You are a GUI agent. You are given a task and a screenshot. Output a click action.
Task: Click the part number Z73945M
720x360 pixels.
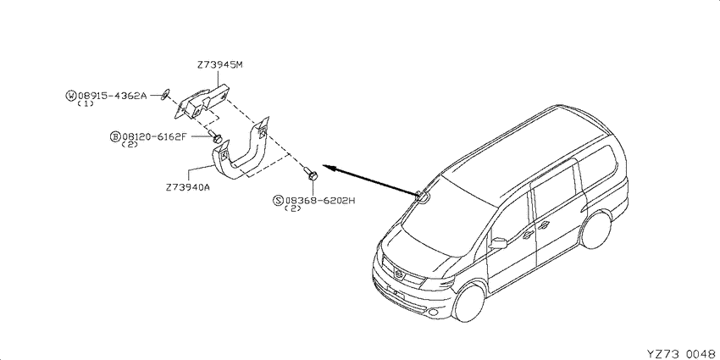click(x=220, y=64)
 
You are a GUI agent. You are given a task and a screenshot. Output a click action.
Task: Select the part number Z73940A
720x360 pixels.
click(x=189, y=187)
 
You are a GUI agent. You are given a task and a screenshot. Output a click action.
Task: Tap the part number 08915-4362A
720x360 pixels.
click(x=112, y=96)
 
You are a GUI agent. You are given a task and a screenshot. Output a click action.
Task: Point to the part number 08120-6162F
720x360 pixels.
click(x=154, y=136)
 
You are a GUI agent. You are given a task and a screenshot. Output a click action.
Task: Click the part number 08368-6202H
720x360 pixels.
click(x=320, y=200)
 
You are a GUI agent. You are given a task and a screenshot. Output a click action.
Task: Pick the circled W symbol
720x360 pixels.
click(x=71, y=96)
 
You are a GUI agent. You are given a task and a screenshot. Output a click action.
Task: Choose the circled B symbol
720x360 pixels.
click(x=115, y=136)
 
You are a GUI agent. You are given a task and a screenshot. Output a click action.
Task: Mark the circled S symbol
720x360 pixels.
click(x=279, y=200)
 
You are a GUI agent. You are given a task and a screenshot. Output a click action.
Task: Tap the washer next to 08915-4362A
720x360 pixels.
click(x=165, y=94)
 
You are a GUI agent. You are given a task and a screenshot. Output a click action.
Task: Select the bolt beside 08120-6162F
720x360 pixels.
click(x=215, y=137)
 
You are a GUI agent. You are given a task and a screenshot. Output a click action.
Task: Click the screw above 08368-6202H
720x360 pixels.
click(x=312, y=174)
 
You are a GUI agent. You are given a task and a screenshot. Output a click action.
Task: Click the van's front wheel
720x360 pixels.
click(x=468, y=302)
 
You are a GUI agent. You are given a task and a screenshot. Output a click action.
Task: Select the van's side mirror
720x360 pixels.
click(x=498, y=243)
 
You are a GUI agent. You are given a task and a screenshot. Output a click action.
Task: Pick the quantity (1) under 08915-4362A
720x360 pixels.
click(x=86, y=104)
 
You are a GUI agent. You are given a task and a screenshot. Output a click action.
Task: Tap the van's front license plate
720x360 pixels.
click(x=396, y=292)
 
